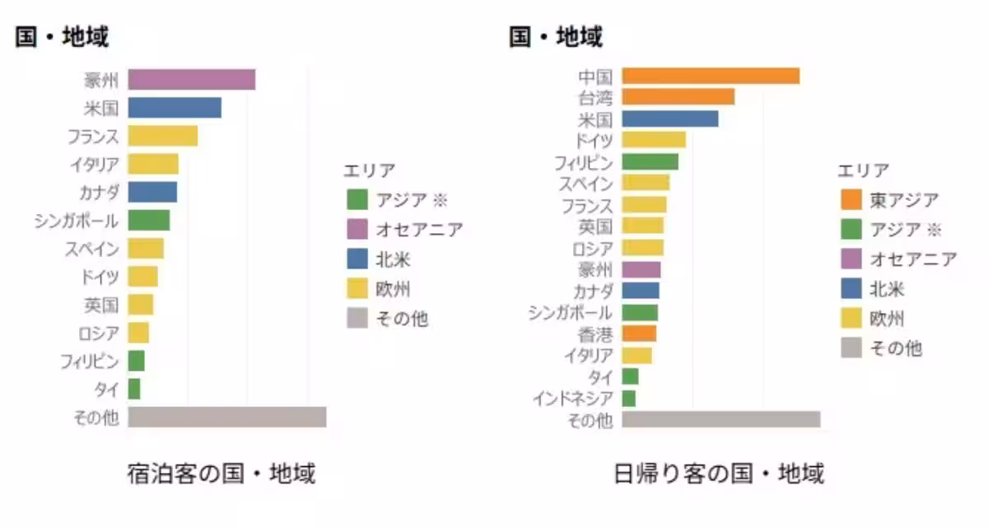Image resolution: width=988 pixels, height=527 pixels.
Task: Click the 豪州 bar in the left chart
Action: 191,80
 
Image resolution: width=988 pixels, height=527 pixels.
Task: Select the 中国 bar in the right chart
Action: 711,76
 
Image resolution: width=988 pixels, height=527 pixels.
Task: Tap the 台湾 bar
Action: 678,97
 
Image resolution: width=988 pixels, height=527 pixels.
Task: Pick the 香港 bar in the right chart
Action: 639,333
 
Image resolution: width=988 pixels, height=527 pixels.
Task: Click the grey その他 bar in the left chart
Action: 226,417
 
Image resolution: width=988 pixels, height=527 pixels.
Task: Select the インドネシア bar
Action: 629,399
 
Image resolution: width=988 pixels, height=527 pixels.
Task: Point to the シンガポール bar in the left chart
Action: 148,220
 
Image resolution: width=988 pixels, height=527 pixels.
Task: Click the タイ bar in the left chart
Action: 134,389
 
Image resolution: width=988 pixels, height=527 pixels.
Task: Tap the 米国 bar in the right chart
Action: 669,119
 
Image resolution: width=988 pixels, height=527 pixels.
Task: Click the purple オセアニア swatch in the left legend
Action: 357,229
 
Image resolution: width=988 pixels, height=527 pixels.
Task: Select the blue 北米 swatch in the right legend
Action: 851,288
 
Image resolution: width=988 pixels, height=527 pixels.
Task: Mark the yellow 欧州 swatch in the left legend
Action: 357,288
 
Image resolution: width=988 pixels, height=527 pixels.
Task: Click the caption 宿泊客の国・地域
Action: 221,474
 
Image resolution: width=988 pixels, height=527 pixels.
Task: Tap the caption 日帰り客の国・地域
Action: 719,474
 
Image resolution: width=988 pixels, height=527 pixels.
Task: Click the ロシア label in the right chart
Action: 592,248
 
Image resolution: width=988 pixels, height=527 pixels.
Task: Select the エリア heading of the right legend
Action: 863,170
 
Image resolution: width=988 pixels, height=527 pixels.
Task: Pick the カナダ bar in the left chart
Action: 152,192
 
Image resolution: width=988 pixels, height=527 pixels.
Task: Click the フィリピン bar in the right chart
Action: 650,161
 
